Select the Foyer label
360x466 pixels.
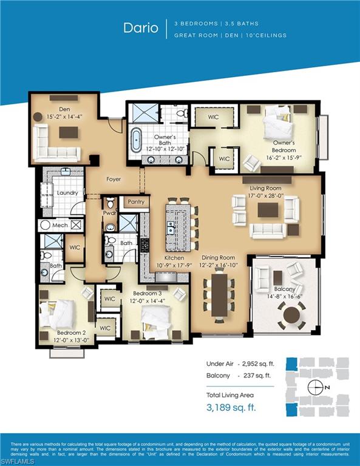[114, 180]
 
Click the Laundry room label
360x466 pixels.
[67, 193]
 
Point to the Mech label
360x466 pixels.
[59, 225]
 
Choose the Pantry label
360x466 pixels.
[136, 202]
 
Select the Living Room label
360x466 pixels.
[267, 188]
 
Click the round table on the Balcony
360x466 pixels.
[293, 314]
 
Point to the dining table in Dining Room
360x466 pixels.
[219, 294]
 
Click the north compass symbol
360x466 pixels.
[316, 387]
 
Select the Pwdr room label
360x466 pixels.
[110, 214]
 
